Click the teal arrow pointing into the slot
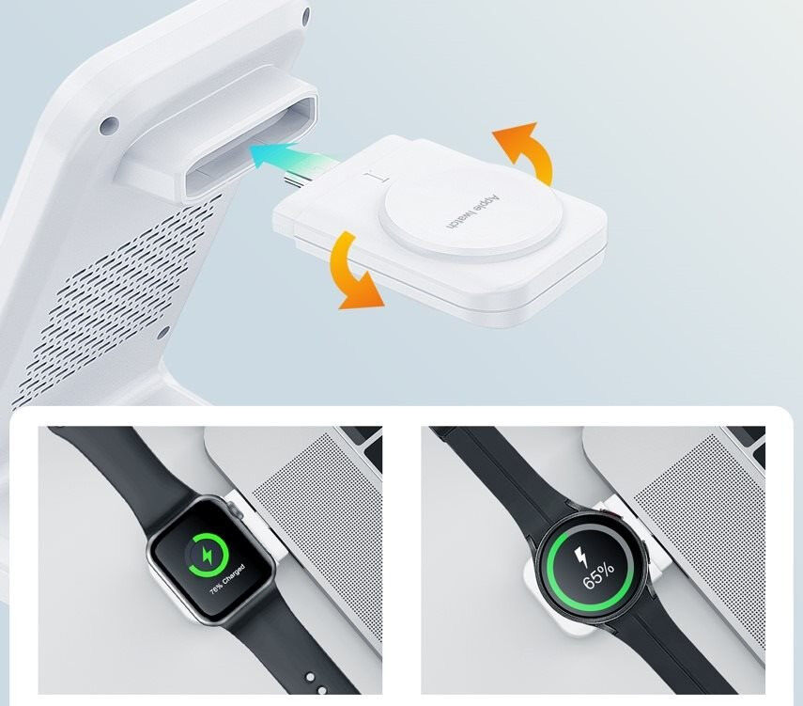click(292, 155)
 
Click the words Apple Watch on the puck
click(471, 212)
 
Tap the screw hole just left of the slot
click(109, 125)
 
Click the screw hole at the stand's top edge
click(306, 17)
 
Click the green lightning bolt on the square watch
click(208, 555)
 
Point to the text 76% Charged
click(227, 579)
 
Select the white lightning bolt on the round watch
click(580, 557)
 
